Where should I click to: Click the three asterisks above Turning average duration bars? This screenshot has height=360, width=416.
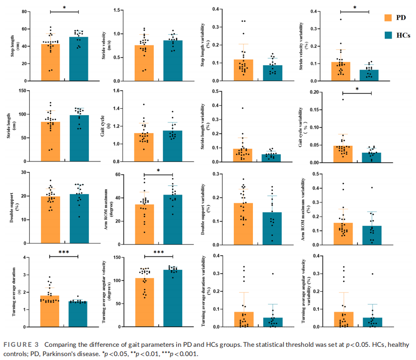64,252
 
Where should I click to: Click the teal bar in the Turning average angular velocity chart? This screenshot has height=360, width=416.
172,298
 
